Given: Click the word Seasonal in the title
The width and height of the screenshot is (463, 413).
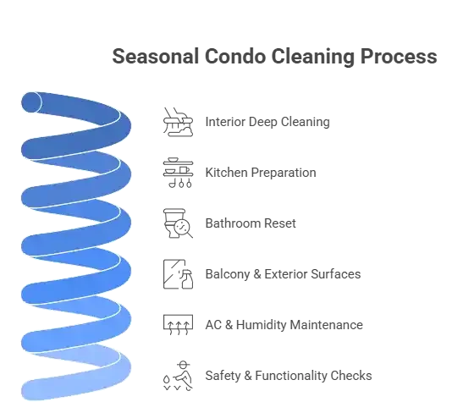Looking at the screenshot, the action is click(x=155, y=56).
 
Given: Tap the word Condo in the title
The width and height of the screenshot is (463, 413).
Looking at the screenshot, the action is click(x=235, y=56).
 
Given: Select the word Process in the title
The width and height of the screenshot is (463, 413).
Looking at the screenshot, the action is click(x=399, y=56).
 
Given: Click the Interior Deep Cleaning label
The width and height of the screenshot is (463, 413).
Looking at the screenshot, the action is click(x=267, y=122).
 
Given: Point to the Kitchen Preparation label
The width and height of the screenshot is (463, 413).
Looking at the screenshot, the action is click(x=261, y=173).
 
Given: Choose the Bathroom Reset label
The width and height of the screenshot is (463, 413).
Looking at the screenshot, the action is click(x=251, y=223).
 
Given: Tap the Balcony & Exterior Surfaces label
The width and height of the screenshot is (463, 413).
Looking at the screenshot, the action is click(x=283, y=274).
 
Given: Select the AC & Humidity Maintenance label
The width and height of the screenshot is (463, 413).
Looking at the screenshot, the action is click(x=284, y=325).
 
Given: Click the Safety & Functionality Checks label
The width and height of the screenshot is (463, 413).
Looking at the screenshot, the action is click(x=289, y=376).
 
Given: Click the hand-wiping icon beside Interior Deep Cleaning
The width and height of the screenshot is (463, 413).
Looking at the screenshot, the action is click(x=178, y=122).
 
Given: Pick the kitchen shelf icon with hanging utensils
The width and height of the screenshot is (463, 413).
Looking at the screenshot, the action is click(x=178, y=173).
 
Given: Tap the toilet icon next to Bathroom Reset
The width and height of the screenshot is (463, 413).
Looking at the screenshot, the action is click(x=171, y=223).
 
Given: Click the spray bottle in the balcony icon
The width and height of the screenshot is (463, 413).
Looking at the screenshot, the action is click(x=186, y=279).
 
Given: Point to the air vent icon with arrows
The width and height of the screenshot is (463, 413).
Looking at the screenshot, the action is click(x=178, y=325).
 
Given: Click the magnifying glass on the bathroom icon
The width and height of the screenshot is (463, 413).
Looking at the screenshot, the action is click(x=184, y=229).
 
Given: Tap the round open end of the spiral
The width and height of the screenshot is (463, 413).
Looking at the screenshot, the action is click(x=31, y=102).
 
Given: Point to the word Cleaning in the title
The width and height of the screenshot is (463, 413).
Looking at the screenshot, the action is click(x=313, y=57).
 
